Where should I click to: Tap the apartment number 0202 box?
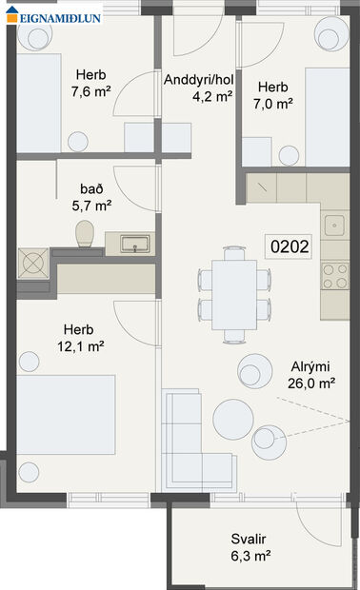290,247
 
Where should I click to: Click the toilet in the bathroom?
84,233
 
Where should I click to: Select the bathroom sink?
135,245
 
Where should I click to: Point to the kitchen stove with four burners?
335,276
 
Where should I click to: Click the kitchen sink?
334,226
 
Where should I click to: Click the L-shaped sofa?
190,438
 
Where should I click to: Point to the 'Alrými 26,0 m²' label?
312,374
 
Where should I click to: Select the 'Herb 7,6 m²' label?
92,83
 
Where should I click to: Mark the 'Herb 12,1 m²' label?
80,338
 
